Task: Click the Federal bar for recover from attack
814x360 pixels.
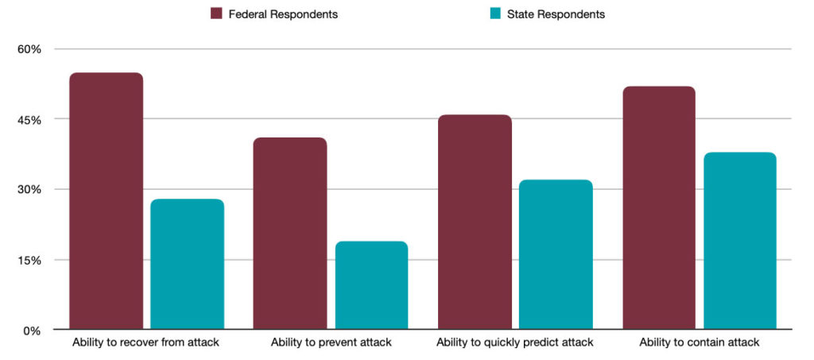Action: point(106,201)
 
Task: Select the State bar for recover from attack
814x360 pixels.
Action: point(188,264)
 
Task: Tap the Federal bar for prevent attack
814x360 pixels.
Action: point(290,234)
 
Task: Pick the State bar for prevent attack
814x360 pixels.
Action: point(372,285)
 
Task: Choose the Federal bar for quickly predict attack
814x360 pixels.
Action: point(475,222)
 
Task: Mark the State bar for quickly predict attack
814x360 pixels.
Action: point(556,254)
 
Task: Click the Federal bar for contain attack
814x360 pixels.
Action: point(659,207)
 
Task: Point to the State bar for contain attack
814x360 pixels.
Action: point(740,241)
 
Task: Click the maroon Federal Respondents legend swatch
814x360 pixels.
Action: point(216,14)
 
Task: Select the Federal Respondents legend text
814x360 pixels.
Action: point(284,14)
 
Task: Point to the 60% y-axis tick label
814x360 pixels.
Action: point(30,50)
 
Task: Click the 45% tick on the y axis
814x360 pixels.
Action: point(30,120)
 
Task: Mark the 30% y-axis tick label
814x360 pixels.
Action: point(30,190)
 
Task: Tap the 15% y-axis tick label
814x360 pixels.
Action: point(30,261)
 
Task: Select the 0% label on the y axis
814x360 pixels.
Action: point(33,331)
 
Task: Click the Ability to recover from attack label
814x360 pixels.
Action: point(146,343)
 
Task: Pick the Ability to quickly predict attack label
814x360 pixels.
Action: point(515,343)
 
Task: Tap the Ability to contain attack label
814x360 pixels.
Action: point(700,343)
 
